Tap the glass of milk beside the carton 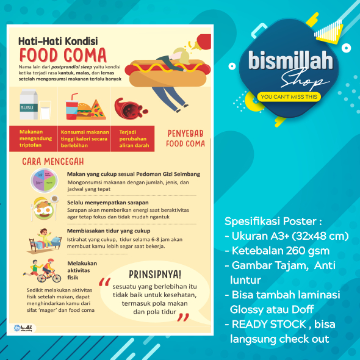coord(45,112)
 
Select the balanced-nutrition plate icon coord(44,180)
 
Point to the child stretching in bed coord(44,239)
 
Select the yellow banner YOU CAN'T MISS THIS coord(289,96)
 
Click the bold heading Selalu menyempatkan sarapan coord(108,202)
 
